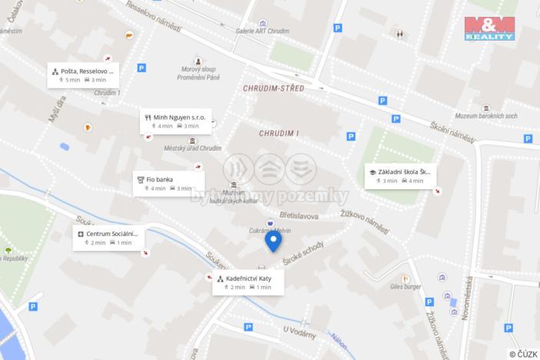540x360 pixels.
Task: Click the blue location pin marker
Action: coord(272,241)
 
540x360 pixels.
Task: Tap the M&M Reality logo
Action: coord(489,28)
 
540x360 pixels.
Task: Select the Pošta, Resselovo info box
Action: coord(82,75)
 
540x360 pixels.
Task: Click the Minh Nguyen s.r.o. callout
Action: coord(176,121)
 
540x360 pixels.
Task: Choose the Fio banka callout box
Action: coord(168,183)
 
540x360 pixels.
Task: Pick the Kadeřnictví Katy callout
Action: coord(248,282)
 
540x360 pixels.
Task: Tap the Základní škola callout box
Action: coord(399,176)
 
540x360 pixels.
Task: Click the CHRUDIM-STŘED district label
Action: coord(273,88)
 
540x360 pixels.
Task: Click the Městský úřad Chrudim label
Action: coord(192,148)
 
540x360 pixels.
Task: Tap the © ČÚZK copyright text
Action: coord(522,353)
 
